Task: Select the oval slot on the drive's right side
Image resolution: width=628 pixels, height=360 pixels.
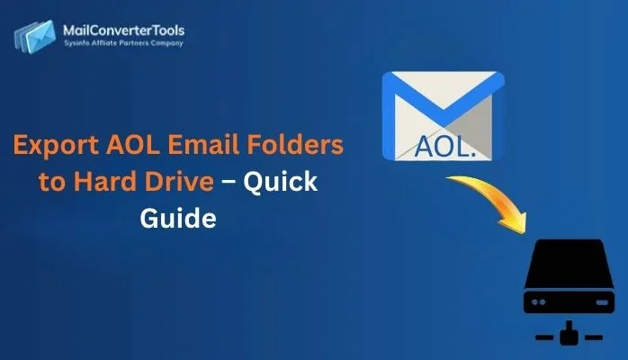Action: pyautogui.click(x=590, y=301)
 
